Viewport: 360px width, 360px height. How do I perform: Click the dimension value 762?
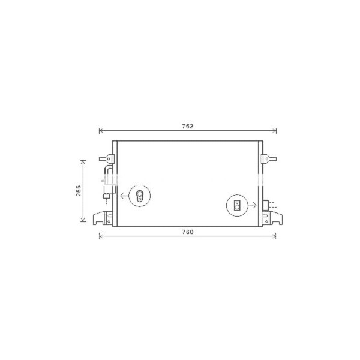click(188, 126)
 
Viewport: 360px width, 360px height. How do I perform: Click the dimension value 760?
click(188, 232)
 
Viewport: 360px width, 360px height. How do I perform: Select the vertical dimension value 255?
click(79, 191)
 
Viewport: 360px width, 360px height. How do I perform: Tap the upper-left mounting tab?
click(107, 158)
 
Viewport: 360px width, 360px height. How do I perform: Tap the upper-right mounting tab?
click(269, 158)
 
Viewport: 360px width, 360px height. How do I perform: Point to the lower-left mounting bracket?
click(103, 218)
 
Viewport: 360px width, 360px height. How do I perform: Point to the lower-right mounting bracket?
click(272, 218)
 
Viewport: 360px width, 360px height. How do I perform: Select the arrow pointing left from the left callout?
click(124, 196)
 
